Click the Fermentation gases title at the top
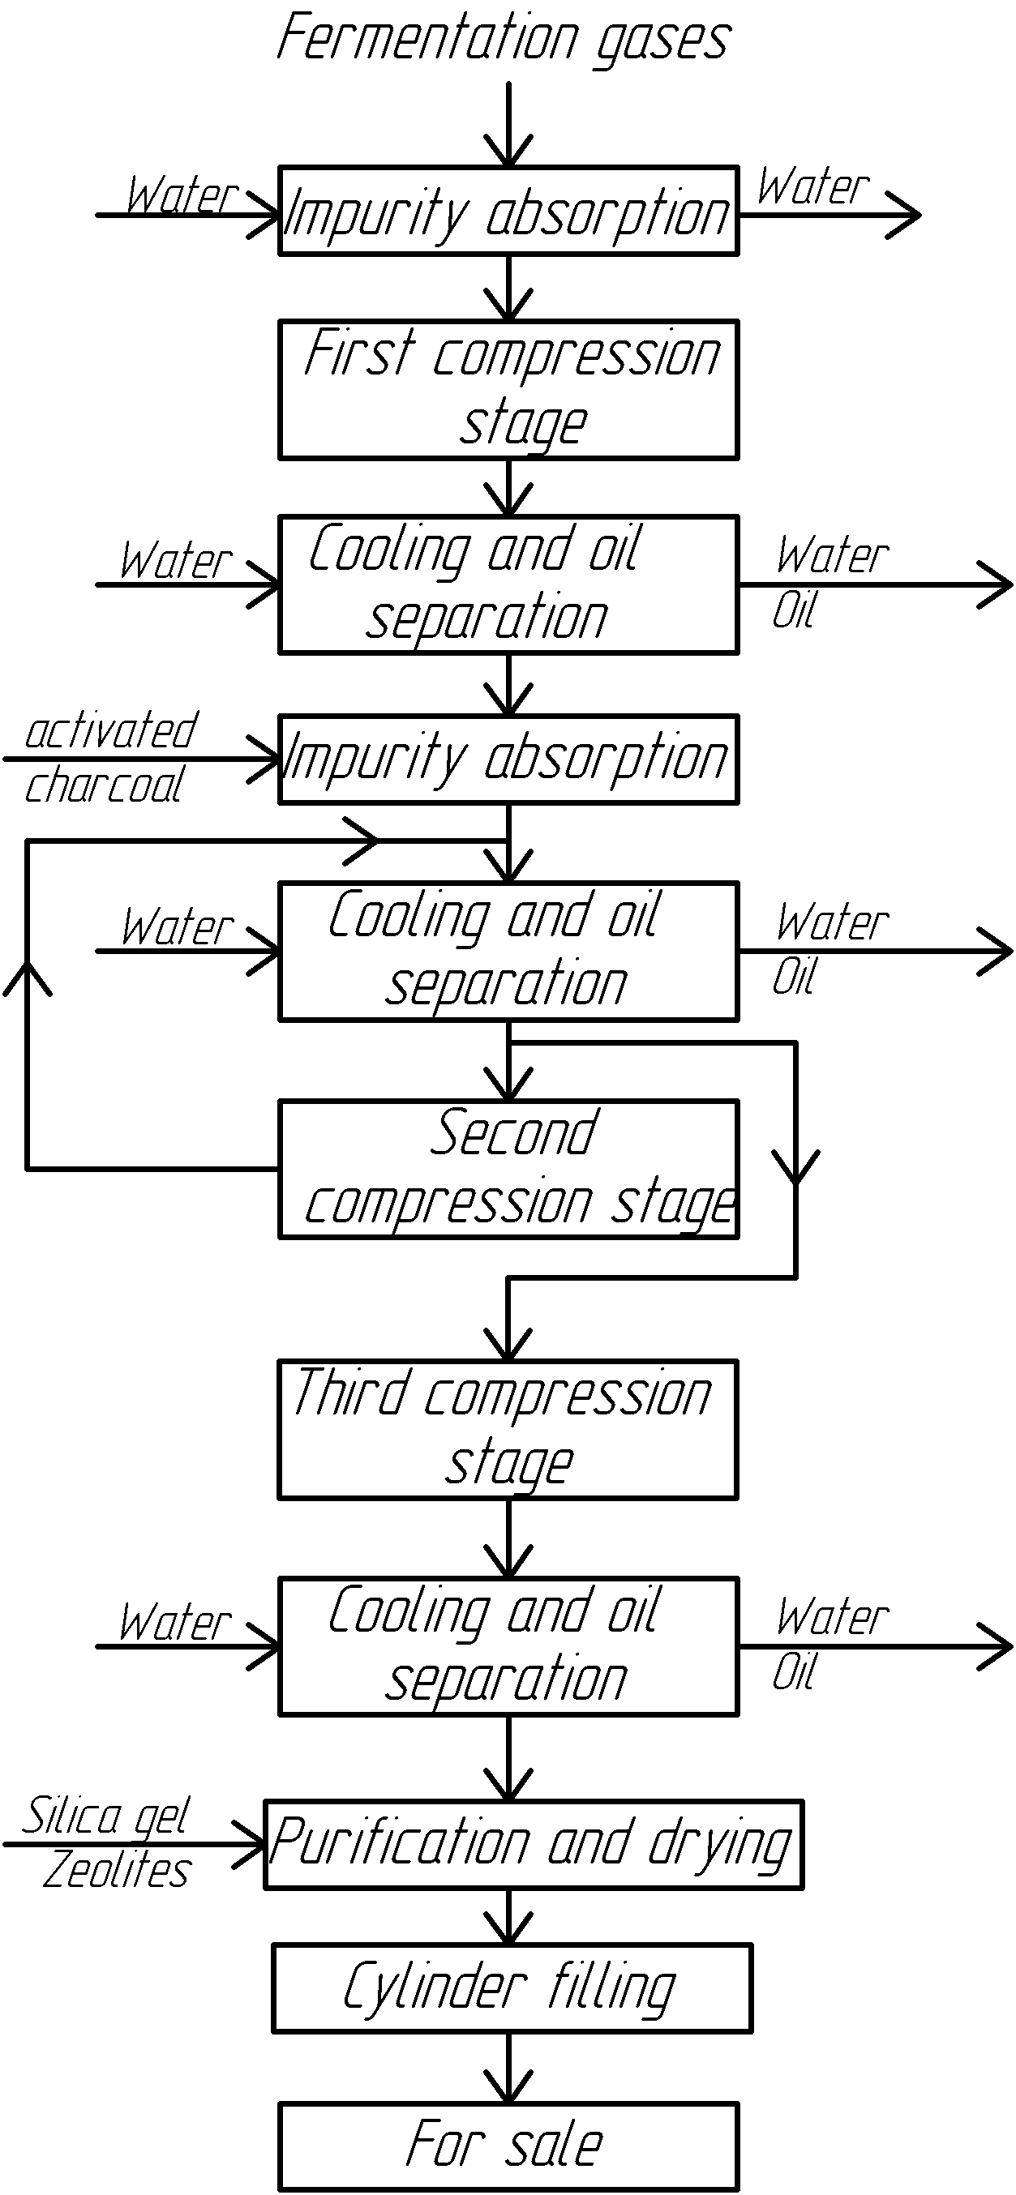pos(504,39)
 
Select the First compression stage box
pos(508,389)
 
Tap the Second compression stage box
pos(508,1168)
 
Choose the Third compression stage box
pos(508,1429)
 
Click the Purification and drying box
pos(534,1844)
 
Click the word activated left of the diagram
pos(112,731)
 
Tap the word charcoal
pos(104,785)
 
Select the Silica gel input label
pos(105,1816)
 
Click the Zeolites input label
pos(118,1872)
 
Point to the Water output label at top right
pos(813,186)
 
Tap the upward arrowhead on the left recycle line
pos(28,977)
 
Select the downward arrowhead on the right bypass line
pos(795,1167)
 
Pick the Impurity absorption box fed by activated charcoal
pos(508,759)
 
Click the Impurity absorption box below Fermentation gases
pos(508,212)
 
